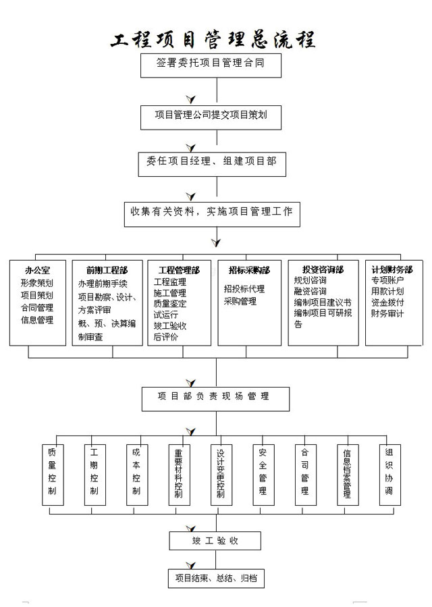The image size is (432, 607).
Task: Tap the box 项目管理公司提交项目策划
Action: click(x=211, y=116)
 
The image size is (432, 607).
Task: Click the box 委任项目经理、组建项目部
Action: click(x=211, y=162)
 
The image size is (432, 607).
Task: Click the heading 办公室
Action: click(x=36, y=270)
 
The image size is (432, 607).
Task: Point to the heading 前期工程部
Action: click(x=107, y=270)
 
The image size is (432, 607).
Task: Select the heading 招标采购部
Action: click(x=249, y=270)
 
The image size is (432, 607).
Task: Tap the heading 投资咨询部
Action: click(x=323, y=270)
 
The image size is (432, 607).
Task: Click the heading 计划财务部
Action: click(x=392, y=270)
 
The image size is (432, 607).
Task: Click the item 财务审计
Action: click(x=387, y=313)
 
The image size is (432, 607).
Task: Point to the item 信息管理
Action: click(x=36, y=320)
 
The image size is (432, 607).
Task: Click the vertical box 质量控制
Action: click(x=52, y=475)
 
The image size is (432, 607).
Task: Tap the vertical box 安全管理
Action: click(x=263, y=475)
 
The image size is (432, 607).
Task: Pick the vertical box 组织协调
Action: click(x=389, y=475)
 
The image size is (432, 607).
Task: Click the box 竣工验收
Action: click(x=215, y=540)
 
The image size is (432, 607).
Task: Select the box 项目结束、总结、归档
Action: click(x=215, y=578)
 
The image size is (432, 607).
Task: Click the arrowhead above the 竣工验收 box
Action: click(x=191, y=527)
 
